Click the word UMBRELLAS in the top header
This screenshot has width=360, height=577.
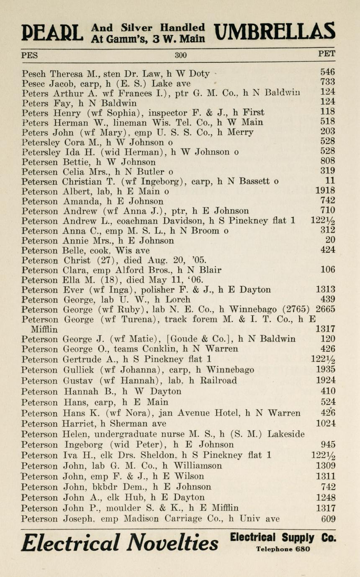(274, 32)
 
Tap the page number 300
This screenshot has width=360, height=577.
(181, 55)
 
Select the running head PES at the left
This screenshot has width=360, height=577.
(29, 55)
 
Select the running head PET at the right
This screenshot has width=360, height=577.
(327, 54)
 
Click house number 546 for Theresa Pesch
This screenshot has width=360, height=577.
(327, 73)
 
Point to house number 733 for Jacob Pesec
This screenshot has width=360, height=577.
(327, 82)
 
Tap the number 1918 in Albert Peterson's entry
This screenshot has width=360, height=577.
(325, 191)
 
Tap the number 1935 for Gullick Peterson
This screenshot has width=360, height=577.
(325, 369)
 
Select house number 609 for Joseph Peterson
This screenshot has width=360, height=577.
(327, 519)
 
